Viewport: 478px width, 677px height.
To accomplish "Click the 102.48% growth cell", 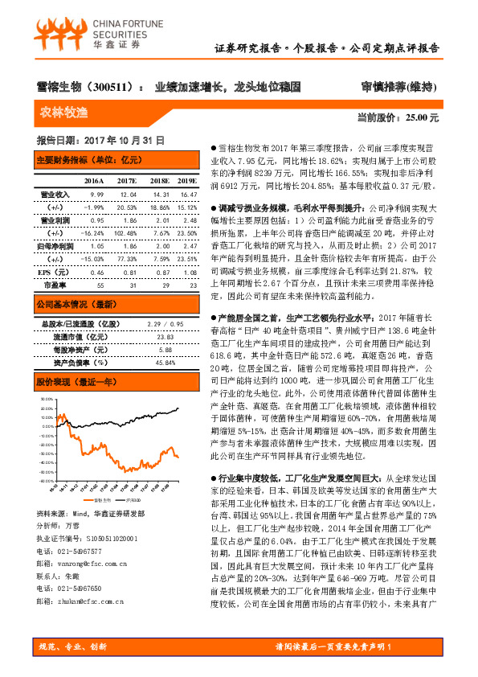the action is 127,231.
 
